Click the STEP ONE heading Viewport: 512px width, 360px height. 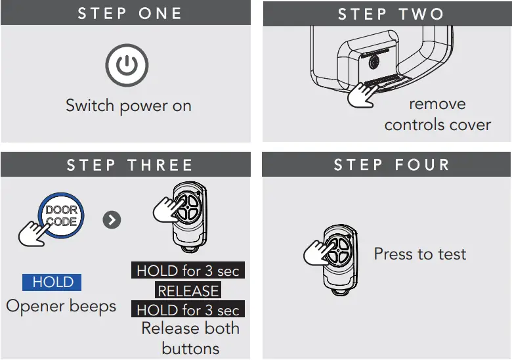pyautogui.click(x=129, y=13)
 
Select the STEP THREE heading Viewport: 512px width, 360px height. pyautogui.click(x=129, y=165)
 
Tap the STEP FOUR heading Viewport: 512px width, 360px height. pyautogui.click(x=391, y=164)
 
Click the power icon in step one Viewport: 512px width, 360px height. pyautogui.click(x=127, y=66)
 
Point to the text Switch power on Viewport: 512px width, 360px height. pyautogui.click(x=129, y=106)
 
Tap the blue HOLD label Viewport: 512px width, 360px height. pyautogui.click(x=53, y=282)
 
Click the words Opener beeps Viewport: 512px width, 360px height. pyautogui.click(x=61, y=306)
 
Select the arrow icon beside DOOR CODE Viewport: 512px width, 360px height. pyautogui.click(x=112, y=220)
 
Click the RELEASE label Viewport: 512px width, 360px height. pyautogui.click(x=188, y=290)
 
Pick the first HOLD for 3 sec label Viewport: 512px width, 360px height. pyautogui.click(x=188, y=271)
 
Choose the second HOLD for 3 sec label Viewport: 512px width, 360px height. pyautogui.click(x=188, y=309)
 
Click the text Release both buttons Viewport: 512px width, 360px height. pyautogui.click(x=190, y=338)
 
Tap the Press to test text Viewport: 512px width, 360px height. pyautogui.click(x=419, y=254)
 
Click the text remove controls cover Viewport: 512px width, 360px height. pyautogui.click(x=437, y=114)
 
